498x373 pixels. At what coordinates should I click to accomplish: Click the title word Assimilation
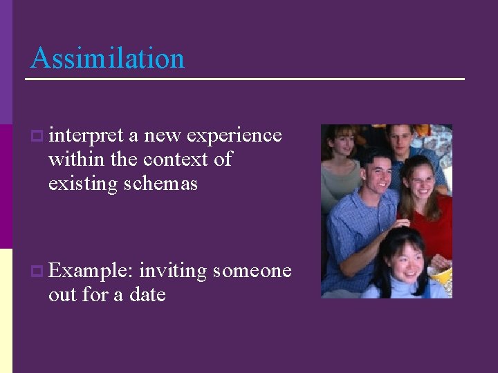pos(107,58)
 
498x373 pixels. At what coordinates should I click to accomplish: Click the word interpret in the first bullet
pos(86,135)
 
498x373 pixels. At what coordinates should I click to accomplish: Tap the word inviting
pos(173,271)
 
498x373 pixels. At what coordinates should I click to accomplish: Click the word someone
pos(252,271)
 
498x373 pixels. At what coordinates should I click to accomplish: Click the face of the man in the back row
pos(400,140)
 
